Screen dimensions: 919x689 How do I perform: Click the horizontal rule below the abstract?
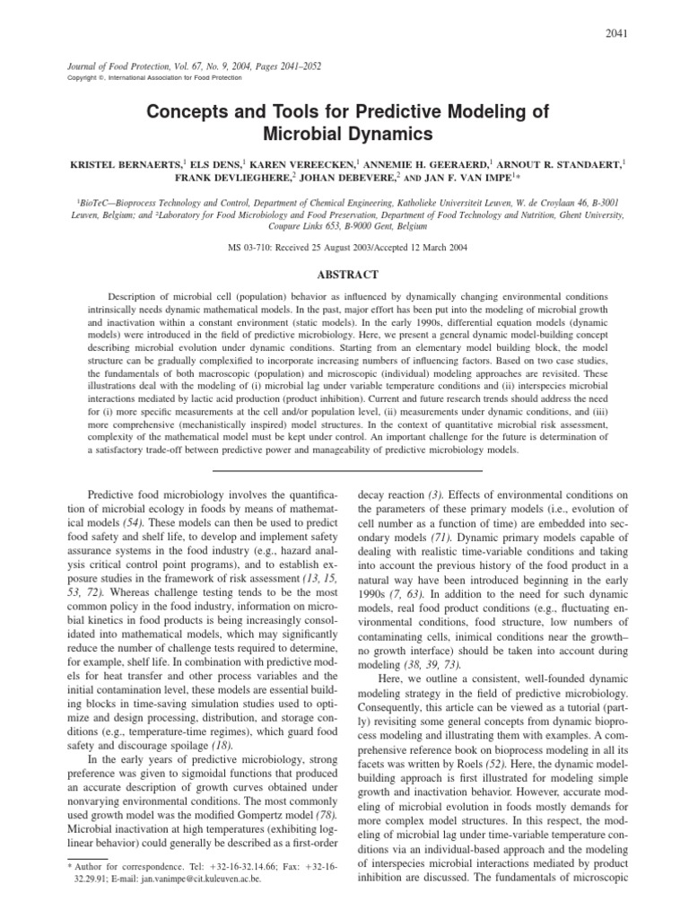point(344,468)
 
